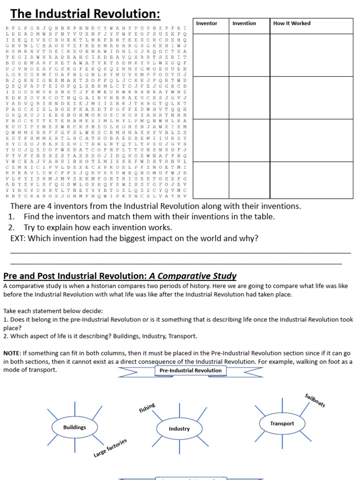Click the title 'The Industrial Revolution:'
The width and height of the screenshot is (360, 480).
[x=85, y=14]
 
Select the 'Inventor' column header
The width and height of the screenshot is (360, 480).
[x=206, y=23]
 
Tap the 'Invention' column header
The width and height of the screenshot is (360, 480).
[x=244, y=23]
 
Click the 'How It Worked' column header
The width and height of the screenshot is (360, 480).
[x=292, y=23]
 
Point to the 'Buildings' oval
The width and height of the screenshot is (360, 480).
[x=75, y=427]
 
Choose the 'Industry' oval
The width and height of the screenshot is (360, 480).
[x=179, y=428]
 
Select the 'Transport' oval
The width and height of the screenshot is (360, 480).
[x=282, y=423]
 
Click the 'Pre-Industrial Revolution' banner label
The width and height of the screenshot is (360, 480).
[x=190, y=370]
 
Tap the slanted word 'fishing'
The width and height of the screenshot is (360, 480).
[x=147, y=408]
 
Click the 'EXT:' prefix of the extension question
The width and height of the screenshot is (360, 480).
[x=18, y=239]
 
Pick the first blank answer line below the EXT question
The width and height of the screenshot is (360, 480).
[x=180, y=252]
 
